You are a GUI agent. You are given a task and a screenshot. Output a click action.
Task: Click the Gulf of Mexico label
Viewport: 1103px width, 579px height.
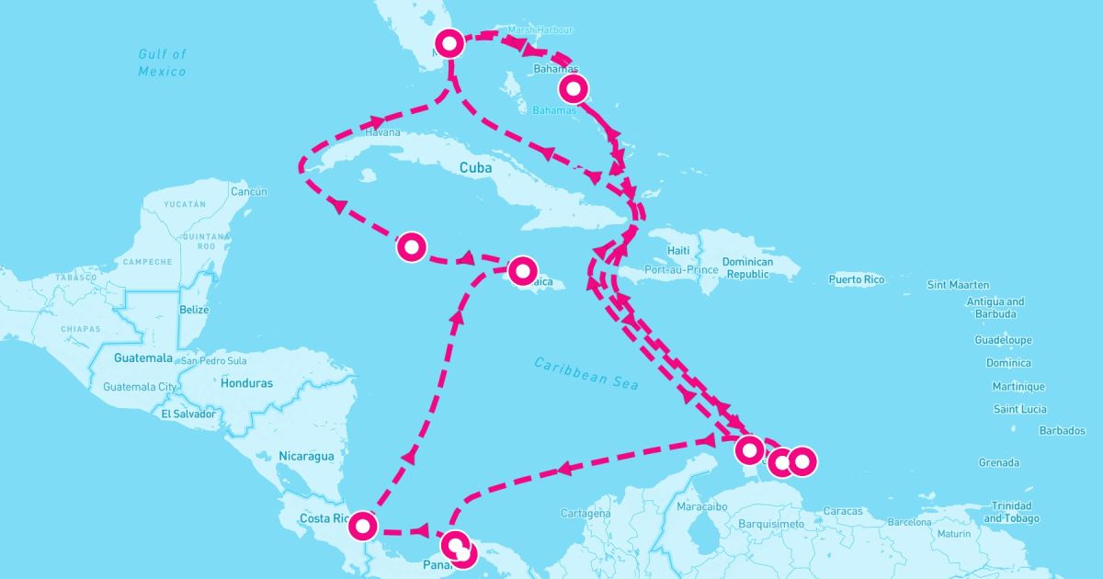[162, 62]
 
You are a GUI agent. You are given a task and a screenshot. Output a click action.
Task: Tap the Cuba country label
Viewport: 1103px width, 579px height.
[476, 168]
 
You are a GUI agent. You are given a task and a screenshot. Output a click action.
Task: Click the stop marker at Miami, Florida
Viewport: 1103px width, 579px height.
[449, 43]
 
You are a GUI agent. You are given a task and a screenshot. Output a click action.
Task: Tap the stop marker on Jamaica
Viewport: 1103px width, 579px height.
[523, 269]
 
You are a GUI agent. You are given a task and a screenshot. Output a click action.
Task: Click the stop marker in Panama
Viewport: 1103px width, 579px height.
[457, 546]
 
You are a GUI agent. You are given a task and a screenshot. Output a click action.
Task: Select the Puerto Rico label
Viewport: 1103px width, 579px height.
[856, 278]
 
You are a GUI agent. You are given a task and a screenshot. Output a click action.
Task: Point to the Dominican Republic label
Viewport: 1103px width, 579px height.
[748, 267]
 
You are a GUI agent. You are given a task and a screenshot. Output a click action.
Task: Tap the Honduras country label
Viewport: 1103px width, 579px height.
[246, 383]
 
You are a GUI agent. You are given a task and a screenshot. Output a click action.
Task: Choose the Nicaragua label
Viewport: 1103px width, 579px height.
[307, 455]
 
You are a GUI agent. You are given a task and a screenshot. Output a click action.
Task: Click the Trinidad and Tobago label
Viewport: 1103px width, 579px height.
[1010, 512]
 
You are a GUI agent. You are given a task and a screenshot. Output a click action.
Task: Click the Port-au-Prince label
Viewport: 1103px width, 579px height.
[680, 269]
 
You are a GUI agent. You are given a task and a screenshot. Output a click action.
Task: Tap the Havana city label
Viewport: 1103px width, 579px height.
[383, 132]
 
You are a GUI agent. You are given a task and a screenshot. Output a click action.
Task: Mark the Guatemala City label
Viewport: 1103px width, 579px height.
[140, 387]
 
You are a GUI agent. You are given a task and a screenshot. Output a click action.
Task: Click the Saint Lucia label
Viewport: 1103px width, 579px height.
[1019, 409]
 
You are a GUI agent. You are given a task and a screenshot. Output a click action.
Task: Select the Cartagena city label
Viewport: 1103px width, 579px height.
[586, 513]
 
